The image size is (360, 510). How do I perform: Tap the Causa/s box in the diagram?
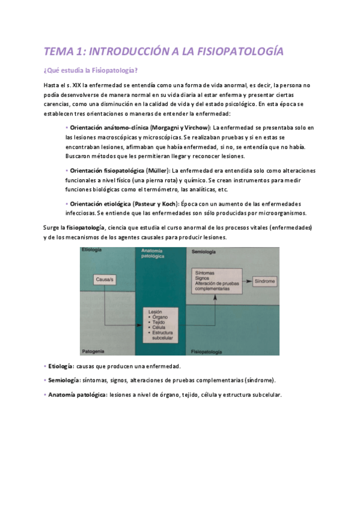click(105, 280)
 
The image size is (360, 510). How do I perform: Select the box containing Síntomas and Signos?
click(213, 281)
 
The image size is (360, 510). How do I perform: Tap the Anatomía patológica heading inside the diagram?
click(153, 253)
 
